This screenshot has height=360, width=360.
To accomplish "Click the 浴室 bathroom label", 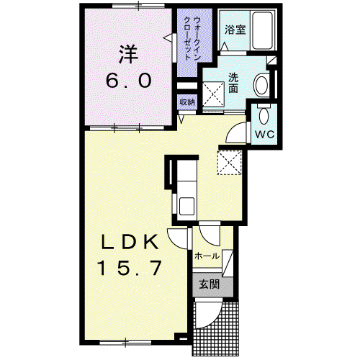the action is (x=235, y=30).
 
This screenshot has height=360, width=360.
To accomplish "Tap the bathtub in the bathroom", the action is (x=263, y=30).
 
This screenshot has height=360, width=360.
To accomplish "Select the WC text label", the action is (x=264, y=135).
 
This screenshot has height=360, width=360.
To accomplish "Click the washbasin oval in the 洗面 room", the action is (x=261, y=85).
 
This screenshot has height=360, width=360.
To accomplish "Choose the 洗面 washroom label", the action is (x=233, y=83).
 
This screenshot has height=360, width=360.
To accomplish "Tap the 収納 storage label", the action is (x=187, y=102).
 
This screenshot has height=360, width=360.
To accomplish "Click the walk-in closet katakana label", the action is (x=192, y=38).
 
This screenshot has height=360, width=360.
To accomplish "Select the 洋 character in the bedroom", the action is (x=129, y=55).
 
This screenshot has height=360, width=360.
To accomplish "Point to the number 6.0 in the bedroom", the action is (x=129, y=81).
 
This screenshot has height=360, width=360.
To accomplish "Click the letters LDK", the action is (x=130, y=242).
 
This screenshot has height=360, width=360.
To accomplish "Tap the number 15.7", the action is (x=129, y=268).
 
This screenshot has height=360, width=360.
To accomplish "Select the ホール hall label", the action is (x=207, y=256).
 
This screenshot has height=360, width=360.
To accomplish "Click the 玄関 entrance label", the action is (x=210, y=284).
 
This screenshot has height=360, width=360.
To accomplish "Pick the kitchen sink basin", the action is (x=186, y=206).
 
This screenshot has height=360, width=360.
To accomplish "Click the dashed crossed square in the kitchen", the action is (x=229, y=162).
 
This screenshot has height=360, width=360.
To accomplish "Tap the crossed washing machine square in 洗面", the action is (x=213, y=94).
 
